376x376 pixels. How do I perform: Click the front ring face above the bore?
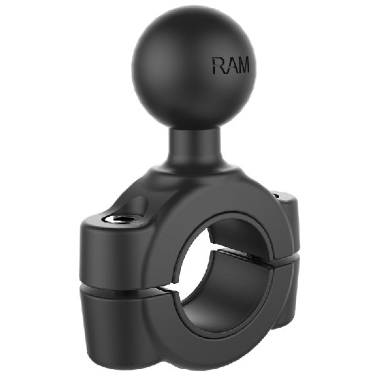(x=207, y=201)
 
